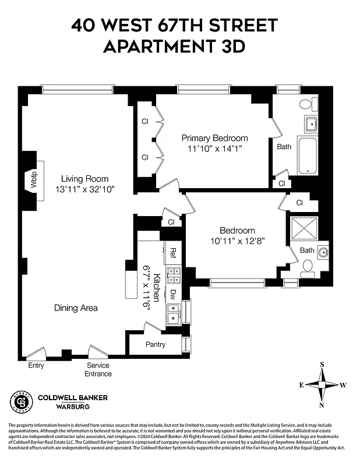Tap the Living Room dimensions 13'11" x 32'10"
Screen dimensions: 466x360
point(85,189)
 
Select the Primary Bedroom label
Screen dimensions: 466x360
point(214,138)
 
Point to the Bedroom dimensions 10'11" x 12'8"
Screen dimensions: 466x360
point(238,241)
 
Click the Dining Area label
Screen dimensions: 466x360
point(76,308)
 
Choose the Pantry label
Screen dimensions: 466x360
point(156,344)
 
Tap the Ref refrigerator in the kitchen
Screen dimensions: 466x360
point(173,253)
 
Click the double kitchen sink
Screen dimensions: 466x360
point(173,314)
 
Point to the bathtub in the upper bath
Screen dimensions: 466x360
point(307,156)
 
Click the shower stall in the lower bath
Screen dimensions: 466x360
point(305,228)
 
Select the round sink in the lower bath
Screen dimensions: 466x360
point(323,252)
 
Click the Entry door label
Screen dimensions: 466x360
point(36,366)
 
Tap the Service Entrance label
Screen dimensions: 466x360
point(98,369)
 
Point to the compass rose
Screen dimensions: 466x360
point(322,385)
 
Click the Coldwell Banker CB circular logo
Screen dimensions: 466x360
point(21,402)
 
